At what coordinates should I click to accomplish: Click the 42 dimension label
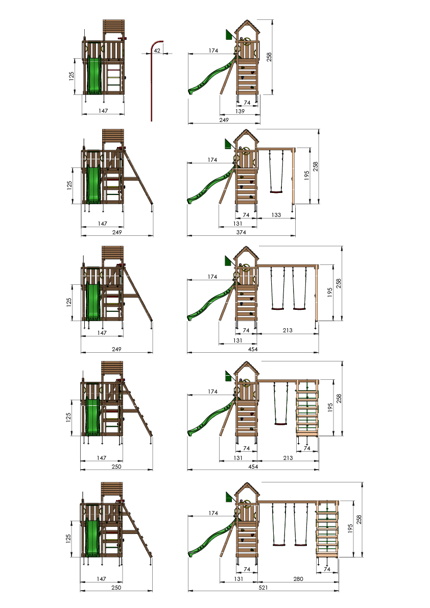tap(157, 51)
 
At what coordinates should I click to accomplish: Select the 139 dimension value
tap(240, 111)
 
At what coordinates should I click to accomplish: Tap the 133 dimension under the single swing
tap(276, 215)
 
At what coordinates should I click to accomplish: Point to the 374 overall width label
tap(241, 232)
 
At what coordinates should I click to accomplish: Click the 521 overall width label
tap(264, 588)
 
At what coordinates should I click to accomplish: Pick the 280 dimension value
tap(298, 579)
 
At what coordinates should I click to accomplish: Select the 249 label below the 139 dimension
tap(224, 120)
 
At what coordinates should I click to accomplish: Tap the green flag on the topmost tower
tap(229, 35)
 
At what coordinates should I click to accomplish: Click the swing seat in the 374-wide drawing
tap(276, 191)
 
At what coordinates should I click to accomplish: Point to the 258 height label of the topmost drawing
tap(269, 57)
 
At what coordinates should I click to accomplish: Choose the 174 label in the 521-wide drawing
tap(213, 513)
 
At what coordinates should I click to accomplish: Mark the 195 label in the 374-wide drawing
tap(307, 175)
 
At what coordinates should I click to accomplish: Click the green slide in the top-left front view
tap(94, 75)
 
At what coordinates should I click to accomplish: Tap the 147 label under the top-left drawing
tap(103, 111)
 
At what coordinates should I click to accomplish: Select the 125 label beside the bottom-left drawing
tap(68, 539)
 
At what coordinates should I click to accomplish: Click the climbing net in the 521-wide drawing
tap(327, 529)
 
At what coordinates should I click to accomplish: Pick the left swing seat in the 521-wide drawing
tap(278, 545)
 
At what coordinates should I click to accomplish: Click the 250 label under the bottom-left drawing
tap(116, 588)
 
